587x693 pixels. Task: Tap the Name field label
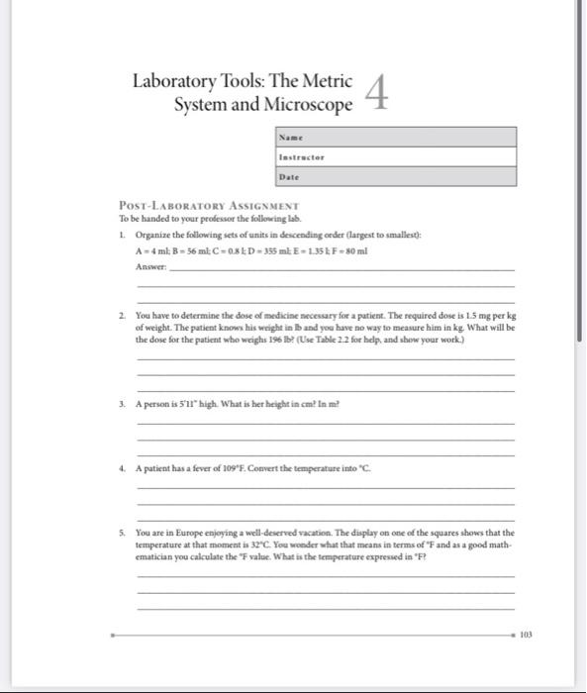tap(290, 137)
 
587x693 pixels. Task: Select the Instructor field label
tap(302, 156)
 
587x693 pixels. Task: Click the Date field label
tap(289, 176)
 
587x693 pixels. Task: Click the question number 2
tap(122, 312)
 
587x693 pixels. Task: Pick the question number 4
tap(122, 466)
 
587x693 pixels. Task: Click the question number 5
tap(122, 532)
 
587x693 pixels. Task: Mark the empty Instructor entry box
tap(426, 156)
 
